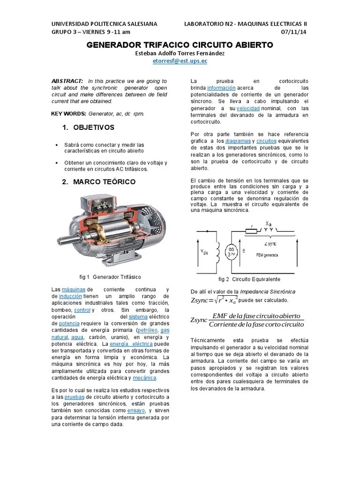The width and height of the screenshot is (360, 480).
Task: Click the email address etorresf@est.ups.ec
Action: pyautogui.click(x=180, y=61)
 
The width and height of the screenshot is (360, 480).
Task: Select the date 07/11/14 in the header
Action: pyautogui.click(x=294, y=32)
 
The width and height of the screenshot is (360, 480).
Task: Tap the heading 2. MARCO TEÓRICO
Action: pyautogui.click(x=98, y=181)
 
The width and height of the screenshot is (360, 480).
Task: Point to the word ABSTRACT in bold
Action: pyautogui.click(x=67, y=81)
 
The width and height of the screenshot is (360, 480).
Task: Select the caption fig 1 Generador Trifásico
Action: pyautogui.click(x=111, y=277)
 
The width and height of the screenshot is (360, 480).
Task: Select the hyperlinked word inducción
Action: pyautogui.click(x=71, y=296)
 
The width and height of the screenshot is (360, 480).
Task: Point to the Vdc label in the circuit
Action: pyautogui.click(x=205, y=252)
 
